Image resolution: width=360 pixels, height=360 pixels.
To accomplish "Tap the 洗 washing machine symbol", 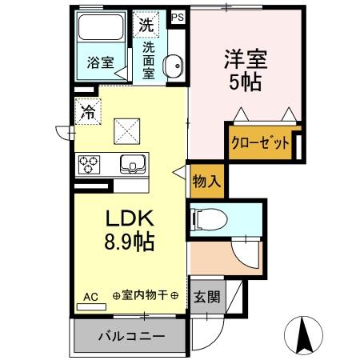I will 146,24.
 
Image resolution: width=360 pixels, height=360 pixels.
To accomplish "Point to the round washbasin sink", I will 172,66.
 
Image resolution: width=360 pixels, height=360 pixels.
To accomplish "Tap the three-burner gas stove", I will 89,164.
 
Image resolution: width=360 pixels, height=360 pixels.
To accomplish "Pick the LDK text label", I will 125,218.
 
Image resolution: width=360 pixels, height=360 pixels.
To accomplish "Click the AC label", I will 90,297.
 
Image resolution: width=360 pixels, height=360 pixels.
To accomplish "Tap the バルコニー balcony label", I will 131,336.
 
